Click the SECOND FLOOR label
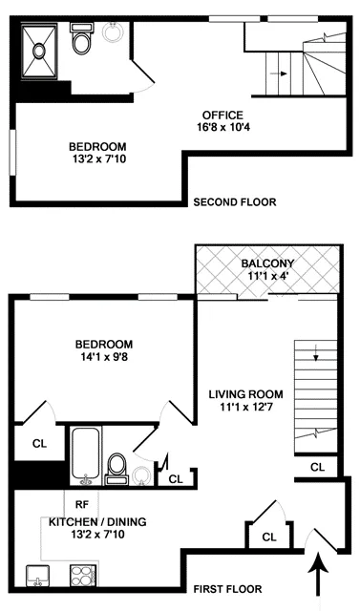tap(235, 202)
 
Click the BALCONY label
tap(266, 263)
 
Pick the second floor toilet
tap(81, 43)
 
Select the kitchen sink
tap(39, 575)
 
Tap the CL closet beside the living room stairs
tap(317, 467)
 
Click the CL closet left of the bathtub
tap(39, 443)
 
